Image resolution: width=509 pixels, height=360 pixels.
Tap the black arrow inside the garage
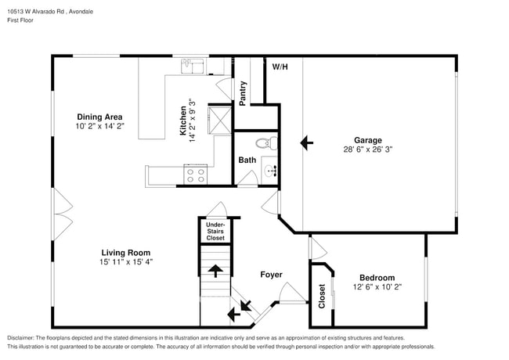point(307,143)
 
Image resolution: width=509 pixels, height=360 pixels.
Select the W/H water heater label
point(280,67)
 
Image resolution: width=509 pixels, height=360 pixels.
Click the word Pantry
point(244,92)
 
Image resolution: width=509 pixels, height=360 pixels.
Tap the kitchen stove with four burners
point(195,175)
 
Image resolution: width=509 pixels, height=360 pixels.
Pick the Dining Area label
point(99,117)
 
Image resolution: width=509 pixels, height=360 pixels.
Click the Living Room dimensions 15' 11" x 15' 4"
point(125,262)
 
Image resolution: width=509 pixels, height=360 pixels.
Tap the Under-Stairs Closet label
point(215,231)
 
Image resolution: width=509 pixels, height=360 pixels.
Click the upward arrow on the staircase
point(215,271)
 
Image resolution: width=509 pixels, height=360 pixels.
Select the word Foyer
point(271,275)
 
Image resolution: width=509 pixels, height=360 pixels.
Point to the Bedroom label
point(377,278)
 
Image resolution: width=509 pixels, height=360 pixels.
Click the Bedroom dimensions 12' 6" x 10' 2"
point(377,287)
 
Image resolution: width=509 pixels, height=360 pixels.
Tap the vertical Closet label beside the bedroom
point(322,295)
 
